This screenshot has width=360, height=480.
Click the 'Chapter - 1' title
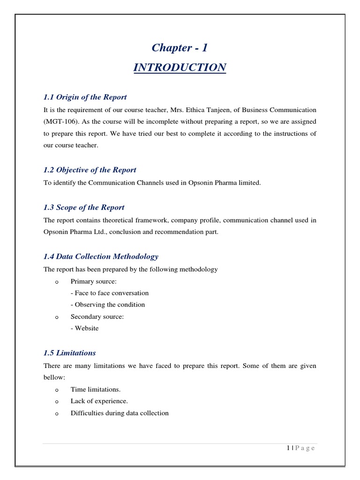tap(180, 48)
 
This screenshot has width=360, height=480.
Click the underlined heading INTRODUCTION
tap(180, 68)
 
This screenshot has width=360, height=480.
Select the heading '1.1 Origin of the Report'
tap(85, 97)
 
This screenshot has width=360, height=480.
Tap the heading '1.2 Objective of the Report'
tap(90, 170)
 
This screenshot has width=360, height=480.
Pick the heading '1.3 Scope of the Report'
tap(84, 207)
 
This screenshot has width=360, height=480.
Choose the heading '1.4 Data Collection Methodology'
tap(101, 256)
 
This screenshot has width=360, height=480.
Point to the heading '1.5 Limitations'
tap(69, 352)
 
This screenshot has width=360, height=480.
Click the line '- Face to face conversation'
tap(110, 293)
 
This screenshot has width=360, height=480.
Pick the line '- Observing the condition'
tap(108, 305)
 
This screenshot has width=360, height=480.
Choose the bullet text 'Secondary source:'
tap(97, 317)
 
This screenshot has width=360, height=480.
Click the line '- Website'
tap(85, 329)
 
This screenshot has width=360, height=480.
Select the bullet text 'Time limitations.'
tap(95, 390)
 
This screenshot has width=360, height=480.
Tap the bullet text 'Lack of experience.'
tap(99, 401)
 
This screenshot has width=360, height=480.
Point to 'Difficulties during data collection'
tap(120, 413)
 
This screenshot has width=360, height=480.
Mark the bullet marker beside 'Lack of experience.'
tap(56, 402)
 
